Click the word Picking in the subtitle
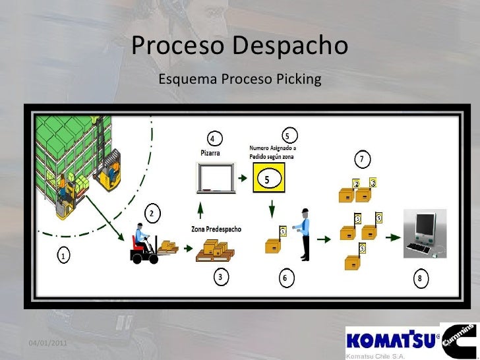pos(299,80)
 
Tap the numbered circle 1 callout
pos(63,256)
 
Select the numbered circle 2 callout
pos(152,214)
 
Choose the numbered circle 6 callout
pos(284,278)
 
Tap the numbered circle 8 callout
pos(419,278)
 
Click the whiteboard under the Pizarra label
pos(216,178)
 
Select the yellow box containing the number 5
pos(268,178)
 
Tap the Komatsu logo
pos(390,340)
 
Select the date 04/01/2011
pos(47,343)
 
